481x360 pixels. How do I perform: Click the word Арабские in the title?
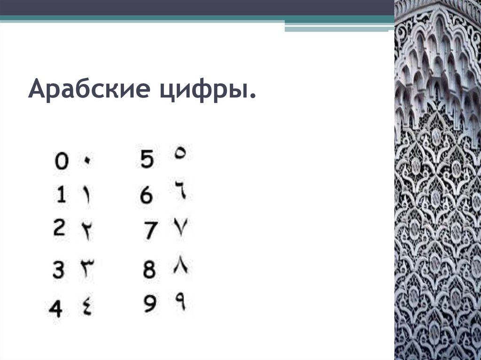coord(89,89)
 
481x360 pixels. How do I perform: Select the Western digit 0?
coord(62,161)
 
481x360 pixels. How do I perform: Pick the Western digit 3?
coord(58,269)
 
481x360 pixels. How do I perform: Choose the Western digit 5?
coord(147,160)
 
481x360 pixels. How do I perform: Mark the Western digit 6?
coord(147,195)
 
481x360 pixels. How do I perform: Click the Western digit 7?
coord(151,230)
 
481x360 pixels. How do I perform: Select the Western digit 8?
coord(149,269)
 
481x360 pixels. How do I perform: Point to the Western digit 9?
coord(150,303)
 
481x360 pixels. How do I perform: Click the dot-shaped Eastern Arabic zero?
coord(87,160)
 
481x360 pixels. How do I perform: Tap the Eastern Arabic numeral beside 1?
coord(87,195)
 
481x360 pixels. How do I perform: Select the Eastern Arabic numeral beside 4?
coord(87,307)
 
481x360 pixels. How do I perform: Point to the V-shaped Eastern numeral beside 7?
coord(181,227)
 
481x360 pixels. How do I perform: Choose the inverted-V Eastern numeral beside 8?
coord(181,264)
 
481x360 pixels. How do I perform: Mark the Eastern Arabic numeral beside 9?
coord(181,301)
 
